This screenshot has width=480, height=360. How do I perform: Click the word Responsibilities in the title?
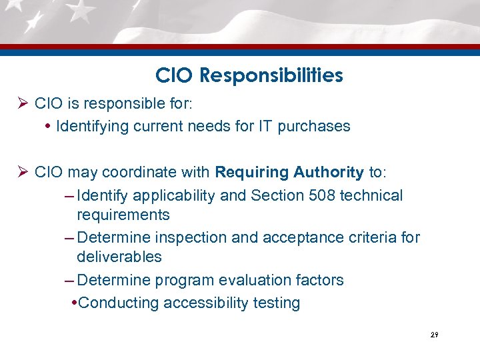click(x=273, y=76)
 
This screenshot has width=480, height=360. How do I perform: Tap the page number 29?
click(x=434, y=335)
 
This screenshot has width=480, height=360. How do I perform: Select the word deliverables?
click(x=119, y=257)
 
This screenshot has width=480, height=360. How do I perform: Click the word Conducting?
click(x=117, y=303)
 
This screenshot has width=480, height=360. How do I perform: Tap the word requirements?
click(x=123, y=215)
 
